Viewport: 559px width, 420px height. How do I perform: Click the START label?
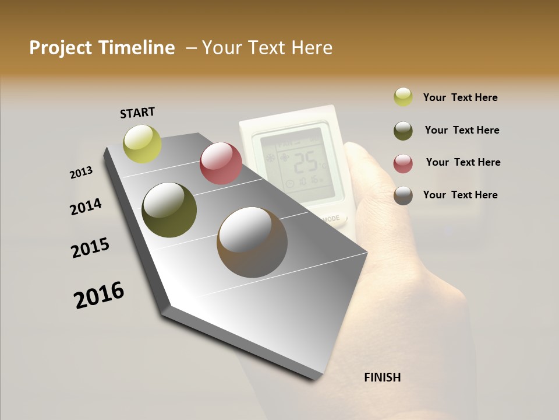coord(137,113)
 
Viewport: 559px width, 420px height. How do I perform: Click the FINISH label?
coord(383,377)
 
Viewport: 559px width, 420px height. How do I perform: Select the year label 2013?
coord(82,173)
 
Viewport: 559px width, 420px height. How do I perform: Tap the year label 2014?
coord(86,207)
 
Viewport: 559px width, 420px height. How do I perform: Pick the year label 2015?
coord(90,248)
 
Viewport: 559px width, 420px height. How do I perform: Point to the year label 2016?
coord(99,295)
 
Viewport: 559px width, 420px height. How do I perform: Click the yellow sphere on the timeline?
coord(143,143)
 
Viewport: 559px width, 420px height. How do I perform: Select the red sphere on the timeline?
coord(221,163)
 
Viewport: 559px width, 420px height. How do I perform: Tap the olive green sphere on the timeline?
coord(169,210)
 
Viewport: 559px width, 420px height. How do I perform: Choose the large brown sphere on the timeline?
coord(252,242)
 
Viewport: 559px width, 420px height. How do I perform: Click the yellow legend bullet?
coord(403,97)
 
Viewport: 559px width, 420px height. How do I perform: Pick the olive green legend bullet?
coord(403,130)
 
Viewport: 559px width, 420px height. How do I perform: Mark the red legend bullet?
coord(403,163)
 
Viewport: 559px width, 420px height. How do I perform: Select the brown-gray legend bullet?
coord(403,195)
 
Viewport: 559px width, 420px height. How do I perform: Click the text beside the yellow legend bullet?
coord(460,97)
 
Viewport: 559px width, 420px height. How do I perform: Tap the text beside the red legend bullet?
coord(463,162)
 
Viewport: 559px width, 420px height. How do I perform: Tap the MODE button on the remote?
coord(331,219)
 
